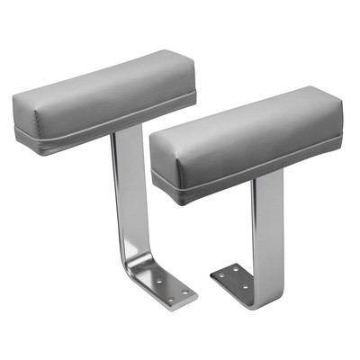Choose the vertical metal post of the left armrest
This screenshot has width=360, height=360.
pyautogui.click(x=126, y=198)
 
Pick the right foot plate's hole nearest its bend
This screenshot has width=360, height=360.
pyautogui.click(x=243, y=288)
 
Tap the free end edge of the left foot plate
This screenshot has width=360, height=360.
pyautogui.click(x=192, y=298)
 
